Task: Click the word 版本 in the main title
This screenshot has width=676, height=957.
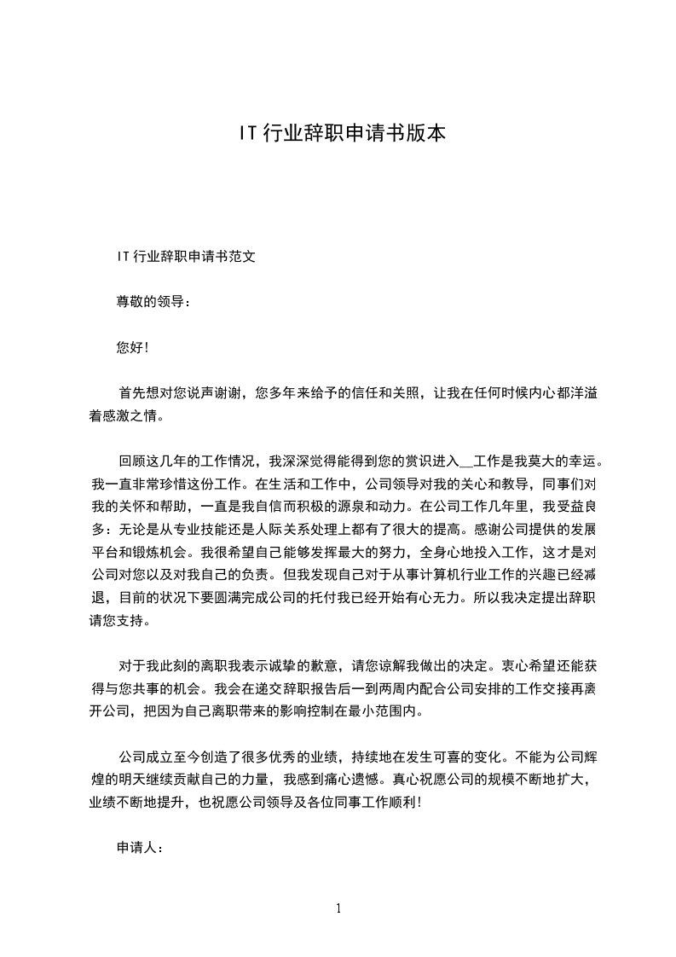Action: coord(425,134)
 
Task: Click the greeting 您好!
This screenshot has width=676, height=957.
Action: coord(132,347)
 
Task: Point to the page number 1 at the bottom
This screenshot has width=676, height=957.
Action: coord(338,908)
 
